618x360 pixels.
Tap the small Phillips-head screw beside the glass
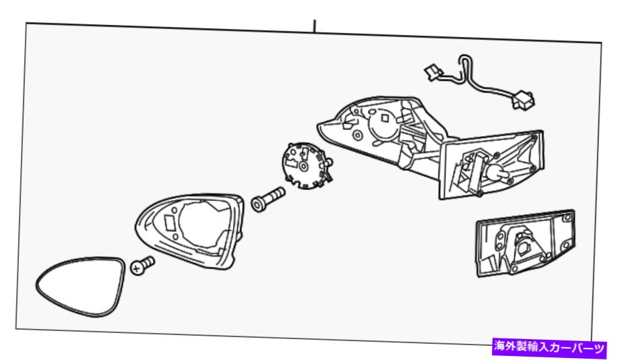[x=142, y=266]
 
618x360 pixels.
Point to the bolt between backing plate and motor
[x=268, y=199]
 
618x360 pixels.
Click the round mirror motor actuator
[x=306, y=166]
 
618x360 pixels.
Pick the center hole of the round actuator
[x=303, y=167]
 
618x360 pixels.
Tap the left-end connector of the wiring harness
[x=433, y=73]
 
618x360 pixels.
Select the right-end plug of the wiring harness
[x=523, y=100]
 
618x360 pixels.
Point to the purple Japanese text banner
[x=549, y=348]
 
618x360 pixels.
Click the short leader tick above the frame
[x=315, y=26]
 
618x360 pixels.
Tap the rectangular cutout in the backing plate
[x=171, y=223]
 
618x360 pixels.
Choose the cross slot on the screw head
[x=137, y=269]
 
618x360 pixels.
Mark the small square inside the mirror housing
[x=385, y=117]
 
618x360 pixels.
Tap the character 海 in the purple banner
[x=500, y=348]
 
